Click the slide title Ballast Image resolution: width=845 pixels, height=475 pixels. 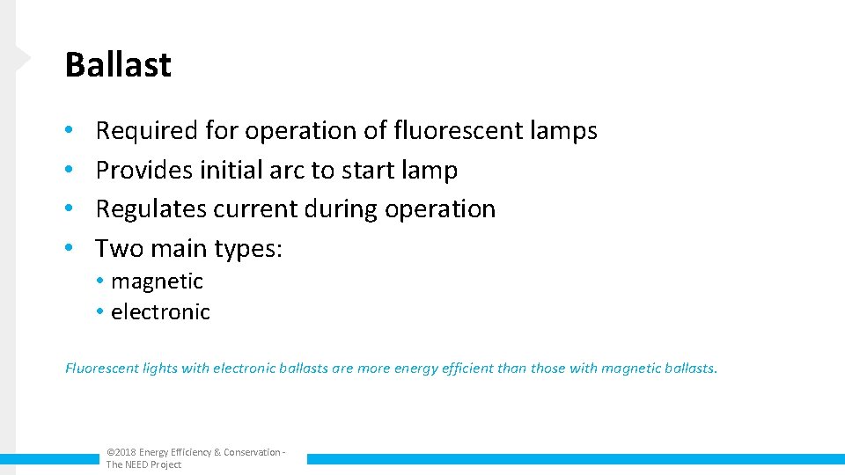point(118,65)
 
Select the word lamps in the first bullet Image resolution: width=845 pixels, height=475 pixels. point(563,131)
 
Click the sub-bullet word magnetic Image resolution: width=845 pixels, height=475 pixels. point(157,281)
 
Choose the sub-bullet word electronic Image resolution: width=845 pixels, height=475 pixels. point(160,312)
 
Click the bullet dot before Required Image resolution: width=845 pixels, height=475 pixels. point(70,132)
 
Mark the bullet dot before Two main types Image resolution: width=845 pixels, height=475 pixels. point(70,250)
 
